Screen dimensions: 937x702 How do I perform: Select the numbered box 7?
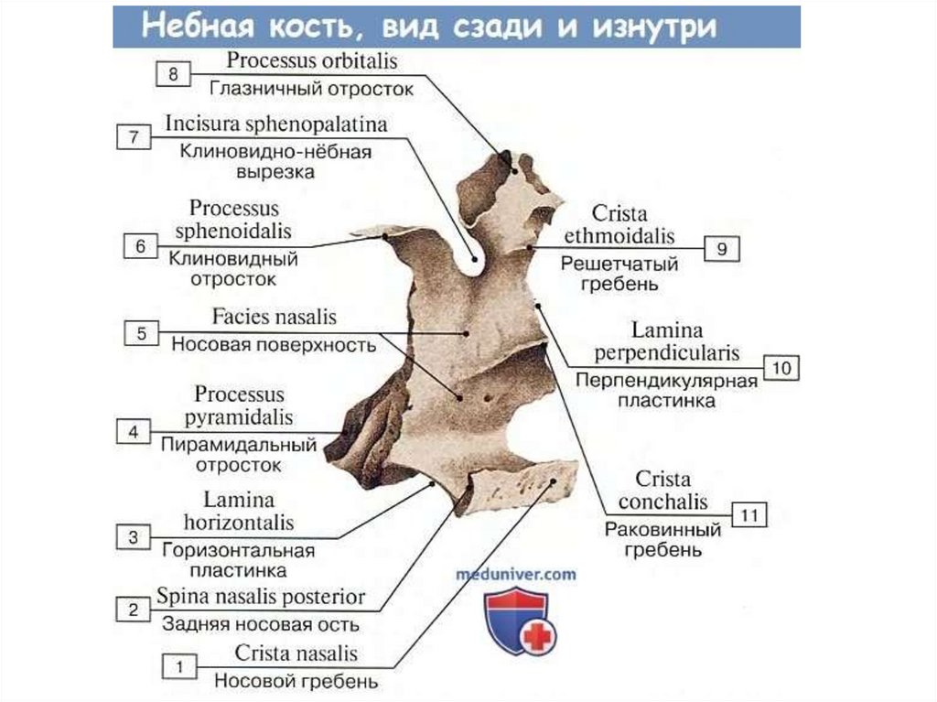[134, 138]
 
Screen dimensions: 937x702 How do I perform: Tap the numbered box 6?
[140, 246]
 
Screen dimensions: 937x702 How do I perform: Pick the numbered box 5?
[142, 334]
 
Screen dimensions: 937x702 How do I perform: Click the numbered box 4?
[134, 431]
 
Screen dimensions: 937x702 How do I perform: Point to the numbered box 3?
[134, 538]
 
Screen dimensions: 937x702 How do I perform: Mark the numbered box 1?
[179, 667]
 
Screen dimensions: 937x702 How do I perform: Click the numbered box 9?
[721, 249]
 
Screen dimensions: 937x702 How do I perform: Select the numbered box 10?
[781, 368]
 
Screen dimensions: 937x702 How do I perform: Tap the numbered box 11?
[749, 515]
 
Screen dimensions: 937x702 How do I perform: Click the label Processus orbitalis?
[313, 61]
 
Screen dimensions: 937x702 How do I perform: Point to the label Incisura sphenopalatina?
[275, 124]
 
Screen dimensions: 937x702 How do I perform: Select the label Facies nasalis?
[275, 318]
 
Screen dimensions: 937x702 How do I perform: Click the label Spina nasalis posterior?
[261, 597]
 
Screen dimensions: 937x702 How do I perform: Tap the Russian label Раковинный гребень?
[662, 540]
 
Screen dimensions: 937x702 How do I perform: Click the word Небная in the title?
[191, 26]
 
